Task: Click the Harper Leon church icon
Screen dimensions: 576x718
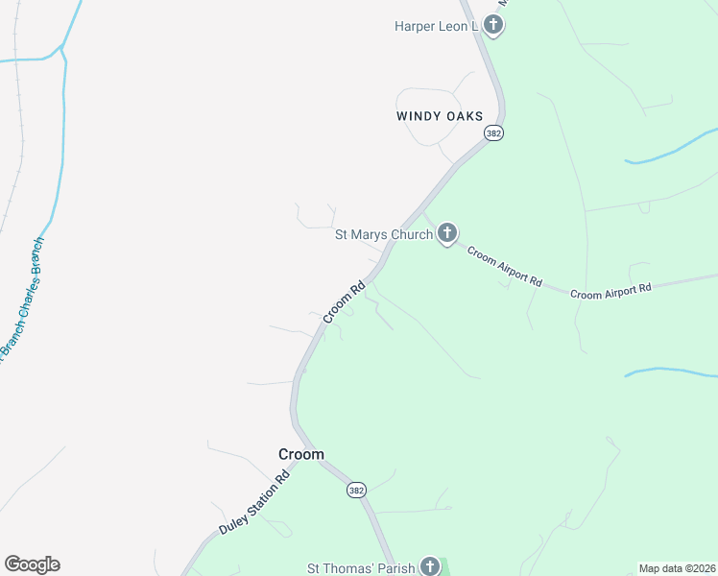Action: point(493,26)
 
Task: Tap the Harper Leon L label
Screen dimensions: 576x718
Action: point(436,26)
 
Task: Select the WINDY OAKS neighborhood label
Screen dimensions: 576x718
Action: point(439,115)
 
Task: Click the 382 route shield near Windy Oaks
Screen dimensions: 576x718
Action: point(493,133)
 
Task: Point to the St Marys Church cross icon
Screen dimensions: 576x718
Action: point(446,233)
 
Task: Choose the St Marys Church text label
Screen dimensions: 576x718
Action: point(383,234)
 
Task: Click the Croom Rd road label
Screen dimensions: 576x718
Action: point(345,301)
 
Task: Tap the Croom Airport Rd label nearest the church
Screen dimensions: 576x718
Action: point(505,266)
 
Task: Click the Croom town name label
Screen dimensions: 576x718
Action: point(300,454)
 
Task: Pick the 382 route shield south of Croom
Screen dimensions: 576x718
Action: point(356,490)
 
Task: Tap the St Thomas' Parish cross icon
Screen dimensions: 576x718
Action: point(430,566)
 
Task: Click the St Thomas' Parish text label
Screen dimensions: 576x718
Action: point(360,567)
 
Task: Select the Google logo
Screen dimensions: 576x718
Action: point(32,564)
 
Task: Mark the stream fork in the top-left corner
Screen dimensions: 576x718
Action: point(61,46)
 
